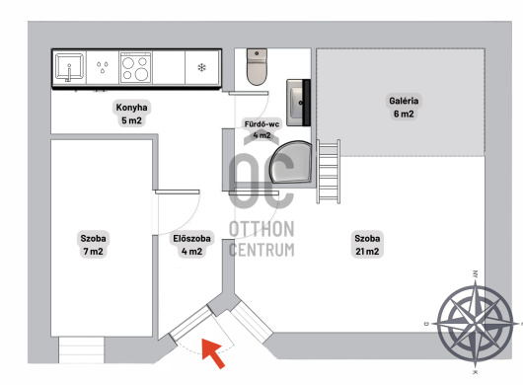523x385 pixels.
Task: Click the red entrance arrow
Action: pyautogui.click(x=213, y=352)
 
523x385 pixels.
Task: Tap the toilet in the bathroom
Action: pyautogui.click(x=257, y=67)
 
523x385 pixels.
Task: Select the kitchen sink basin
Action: pyautogui.click(x=69, y=67)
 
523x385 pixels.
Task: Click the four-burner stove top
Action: pyautogui.click(x=135, y=68)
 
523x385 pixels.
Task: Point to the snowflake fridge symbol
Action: pyautogui.click(x=201, y=68)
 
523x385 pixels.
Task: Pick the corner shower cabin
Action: pyautogui.click(x=291, y=162)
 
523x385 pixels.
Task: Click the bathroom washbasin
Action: pyautogui.click(x=299, y=103)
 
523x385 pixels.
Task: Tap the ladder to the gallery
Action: pyautogui.click(x=329, y=172)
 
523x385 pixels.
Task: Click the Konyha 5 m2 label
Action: pyautogui.click(x=132, y=114)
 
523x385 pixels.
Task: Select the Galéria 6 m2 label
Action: pyautogui.click(x=404, y=107)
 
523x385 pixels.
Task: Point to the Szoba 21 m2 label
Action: pyautogui.click(x=367, y=245)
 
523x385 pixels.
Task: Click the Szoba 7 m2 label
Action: pyautogui.click(x=94, y=245)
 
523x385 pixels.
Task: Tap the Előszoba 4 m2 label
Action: pyautogui.click(x=191, y=245)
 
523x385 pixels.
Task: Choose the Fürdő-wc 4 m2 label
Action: pyautogui.click(x=261, y=129)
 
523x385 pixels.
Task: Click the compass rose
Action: pyautogui.click(x=475, y=323)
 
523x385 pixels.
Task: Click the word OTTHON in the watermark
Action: pyautogui.click(x=261, y=229)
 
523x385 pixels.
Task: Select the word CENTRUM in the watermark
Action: pyautogui.click(x=261, y=250)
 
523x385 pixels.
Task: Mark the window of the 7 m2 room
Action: pyautogui.click(x=81, y=349)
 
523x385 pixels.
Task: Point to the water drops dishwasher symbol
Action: pyautogui.click(x=103, y=67)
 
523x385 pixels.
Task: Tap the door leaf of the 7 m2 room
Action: pyautogui.click(x=177, y=192)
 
